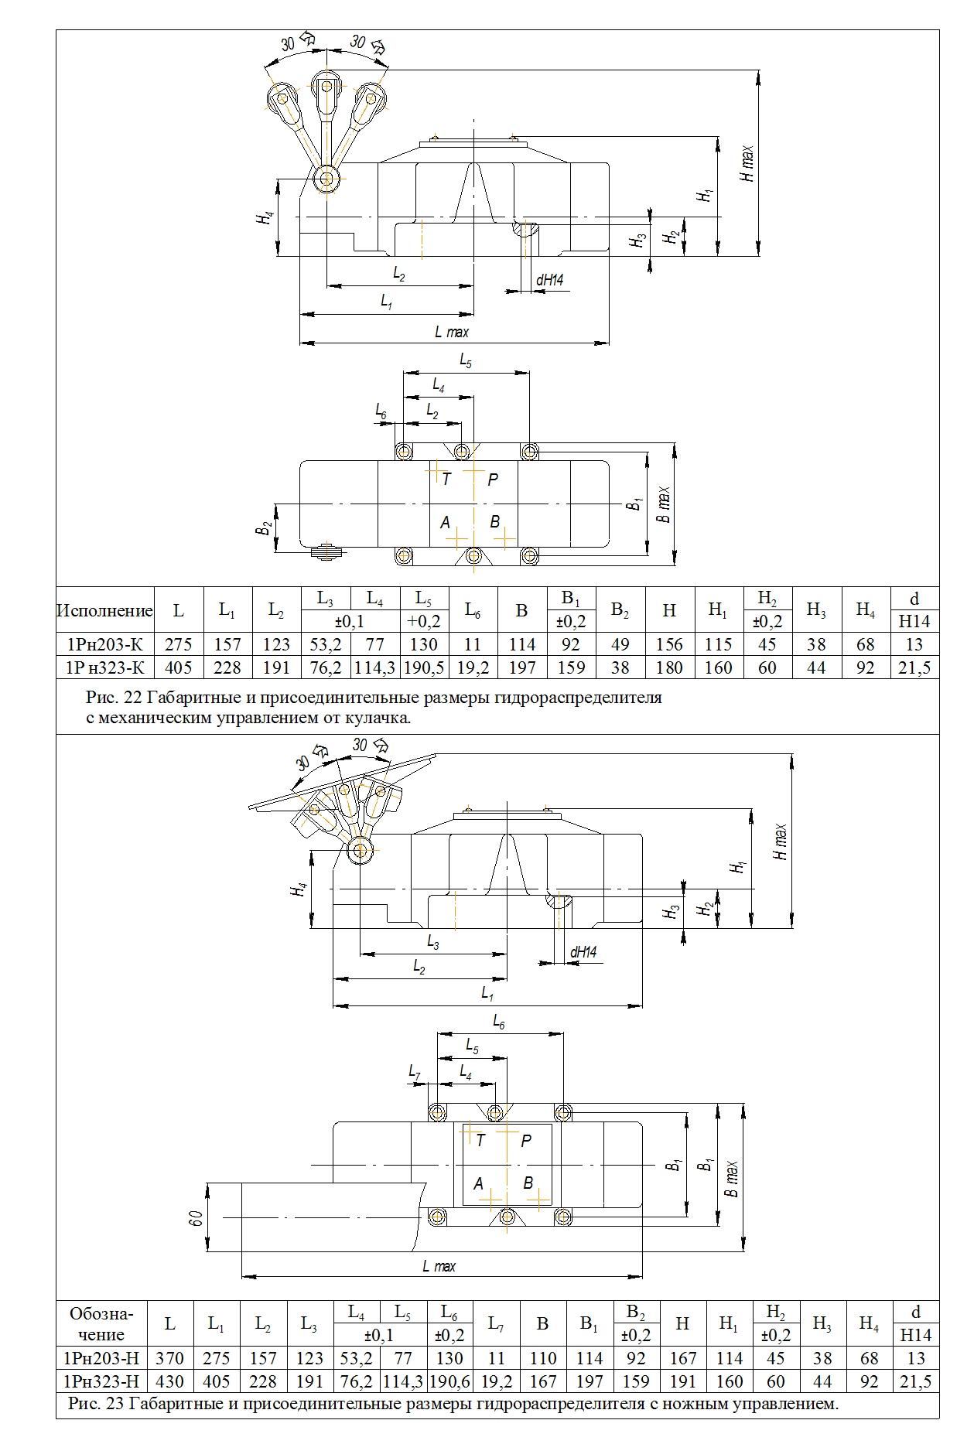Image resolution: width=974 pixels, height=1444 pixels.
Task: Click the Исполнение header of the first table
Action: click(105, 610)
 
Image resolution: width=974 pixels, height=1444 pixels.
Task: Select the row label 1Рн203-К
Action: click(105, 644)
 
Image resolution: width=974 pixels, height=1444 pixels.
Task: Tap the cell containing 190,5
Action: click(423, 667)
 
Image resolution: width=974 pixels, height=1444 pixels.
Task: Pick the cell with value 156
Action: click(669, 644)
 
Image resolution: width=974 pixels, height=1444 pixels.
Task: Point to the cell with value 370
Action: click(169, 1358)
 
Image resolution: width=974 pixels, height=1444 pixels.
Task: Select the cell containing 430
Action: click(169, 1381)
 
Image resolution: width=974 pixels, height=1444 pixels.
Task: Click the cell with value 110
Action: click(542, 1358)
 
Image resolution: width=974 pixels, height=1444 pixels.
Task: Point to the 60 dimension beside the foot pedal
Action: click(196, 1217)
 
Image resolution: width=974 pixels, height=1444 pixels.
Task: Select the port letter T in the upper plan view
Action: click(446, 480)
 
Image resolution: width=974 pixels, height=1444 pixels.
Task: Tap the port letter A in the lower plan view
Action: click(478, 1183)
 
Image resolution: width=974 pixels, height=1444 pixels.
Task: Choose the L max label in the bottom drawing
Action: click(439, 1266)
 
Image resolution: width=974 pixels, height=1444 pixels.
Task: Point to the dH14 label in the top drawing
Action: click(549, 280)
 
